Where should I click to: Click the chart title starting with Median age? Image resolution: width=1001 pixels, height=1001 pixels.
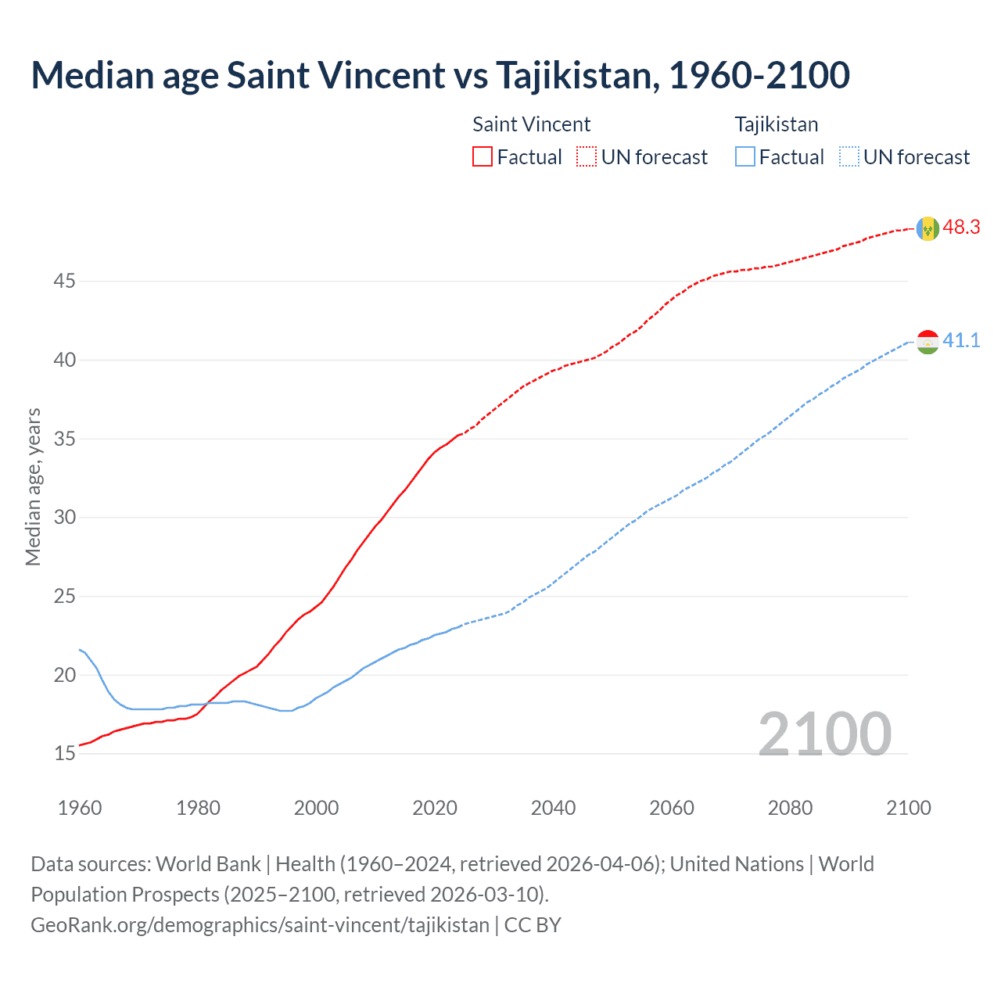pyautogui.click(x=440, y=75)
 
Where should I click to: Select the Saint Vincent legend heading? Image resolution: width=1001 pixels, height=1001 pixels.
pyautogui.click(x=531, y=124)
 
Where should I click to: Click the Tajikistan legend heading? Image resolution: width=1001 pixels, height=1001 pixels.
pyautogui.click(x=776, y=124)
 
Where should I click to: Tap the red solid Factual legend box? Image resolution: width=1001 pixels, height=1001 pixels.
pyautogui.click(x=483, y=157)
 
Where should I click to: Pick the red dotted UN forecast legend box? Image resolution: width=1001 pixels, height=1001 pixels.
pyautogui.click(x=587, y=157)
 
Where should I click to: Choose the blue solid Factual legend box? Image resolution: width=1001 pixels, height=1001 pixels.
pyautogui.click(x=745, y=157)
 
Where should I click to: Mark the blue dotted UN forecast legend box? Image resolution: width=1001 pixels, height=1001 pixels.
pyautogui.click(x=849, y=157)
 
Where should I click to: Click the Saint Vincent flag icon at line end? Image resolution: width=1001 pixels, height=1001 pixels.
pyautogui.click(x=927, y=228)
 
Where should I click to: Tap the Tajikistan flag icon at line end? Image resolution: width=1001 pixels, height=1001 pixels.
pyautogui.click(x=927, y=342)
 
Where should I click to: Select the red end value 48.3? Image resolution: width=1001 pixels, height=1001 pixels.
pyautogui.click(x=961, y=228)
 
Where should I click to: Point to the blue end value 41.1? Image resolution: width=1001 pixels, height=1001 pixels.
pyautogui.click(x=961, y=341)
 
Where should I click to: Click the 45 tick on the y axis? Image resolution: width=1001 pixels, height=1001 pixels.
pyautogui.click(x=64, y=281)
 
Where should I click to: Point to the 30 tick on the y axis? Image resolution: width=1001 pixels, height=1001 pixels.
pyautogui.click(x=64, y=517)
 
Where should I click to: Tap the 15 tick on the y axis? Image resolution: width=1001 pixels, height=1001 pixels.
pyautogui.click(x=64, y=754)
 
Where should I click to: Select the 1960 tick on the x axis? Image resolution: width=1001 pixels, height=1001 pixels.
pyautogui.click(x=80, y=808)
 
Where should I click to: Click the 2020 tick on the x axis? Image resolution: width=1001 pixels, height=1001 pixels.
pyautogui.click(x=435, y=808)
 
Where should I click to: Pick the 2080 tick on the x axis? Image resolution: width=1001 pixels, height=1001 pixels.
pyautogui.click(x=790, y=808)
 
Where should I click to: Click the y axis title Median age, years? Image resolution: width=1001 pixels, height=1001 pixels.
pyautogui.click(x=33, y=486)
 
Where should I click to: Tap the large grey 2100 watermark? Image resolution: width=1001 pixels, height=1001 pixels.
pyautogui.click(x=824, y=734)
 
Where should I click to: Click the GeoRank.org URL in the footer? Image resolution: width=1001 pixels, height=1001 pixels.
pyautogui.click(x=260, y=925)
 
